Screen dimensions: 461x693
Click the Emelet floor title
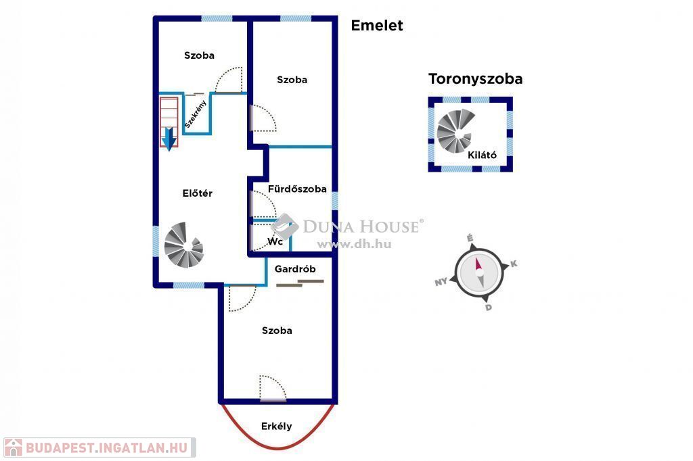[376, 26]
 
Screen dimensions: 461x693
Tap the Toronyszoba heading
[475, 79]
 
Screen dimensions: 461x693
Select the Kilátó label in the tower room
[482, 155]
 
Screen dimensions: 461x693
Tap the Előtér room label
[198, 193]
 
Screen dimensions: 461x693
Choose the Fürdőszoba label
[297, 189]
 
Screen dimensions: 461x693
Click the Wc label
[275, 241]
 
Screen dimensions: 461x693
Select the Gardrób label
[295, 269]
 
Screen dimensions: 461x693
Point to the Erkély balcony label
[276, 426]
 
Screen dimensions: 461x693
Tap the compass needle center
[479, 272]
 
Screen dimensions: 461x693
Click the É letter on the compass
[470, 238]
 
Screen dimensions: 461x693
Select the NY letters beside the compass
[441, 283]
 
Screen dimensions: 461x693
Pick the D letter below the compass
[488, 308]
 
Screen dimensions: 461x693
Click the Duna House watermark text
[360, 226]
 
